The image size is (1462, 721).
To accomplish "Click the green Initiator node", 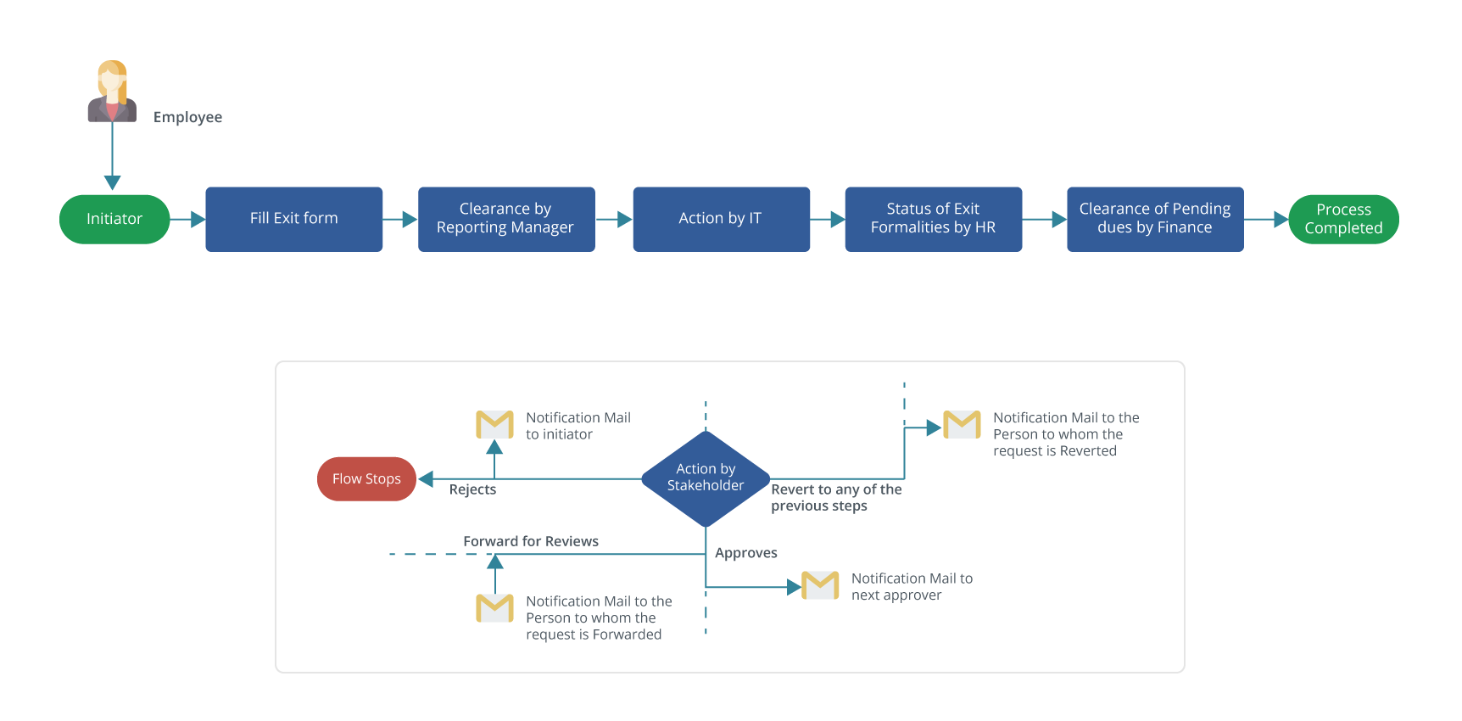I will click(x=114, y=219).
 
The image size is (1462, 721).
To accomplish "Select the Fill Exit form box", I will click(x=293, y=219).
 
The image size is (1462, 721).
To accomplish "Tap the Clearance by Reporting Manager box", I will click(x=505, y=219).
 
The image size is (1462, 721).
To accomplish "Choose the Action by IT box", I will click(x=720, y=219).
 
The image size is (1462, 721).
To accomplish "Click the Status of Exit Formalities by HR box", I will click(x=933, y=219).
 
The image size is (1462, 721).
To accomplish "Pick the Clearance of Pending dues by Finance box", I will click(x=1154, y=219).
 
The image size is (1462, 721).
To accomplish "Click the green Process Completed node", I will click(x=1342, y=219).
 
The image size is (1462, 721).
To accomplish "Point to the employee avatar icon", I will click(x=112, y=92).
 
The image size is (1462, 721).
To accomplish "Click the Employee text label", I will click(x=187, y=117).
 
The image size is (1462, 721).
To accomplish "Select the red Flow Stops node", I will click(x=366, y=478).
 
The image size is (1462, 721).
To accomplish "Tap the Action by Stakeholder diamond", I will click(x=706, y=478).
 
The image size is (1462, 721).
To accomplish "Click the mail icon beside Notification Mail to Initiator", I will click(x=494, y=424).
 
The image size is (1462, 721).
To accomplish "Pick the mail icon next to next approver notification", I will click(x=820, y=585).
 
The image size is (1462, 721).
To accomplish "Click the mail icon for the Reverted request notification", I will click(x=962, y=424).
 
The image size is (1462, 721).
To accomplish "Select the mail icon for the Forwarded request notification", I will click(x=494, y=607).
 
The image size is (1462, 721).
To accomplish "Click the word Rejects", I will click(x=472, y=489).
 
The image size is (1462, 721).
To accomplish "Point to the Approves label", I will click(x=745, y=553).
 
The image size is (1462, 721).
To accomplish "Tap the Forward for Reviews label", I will click(x=531, y=541).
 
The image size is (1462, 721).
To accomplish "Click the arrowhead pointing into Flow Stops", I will click(x=427, y=479).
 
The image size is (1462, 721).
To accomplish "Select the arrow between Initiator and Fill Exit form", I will click(x=190, y=220).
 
